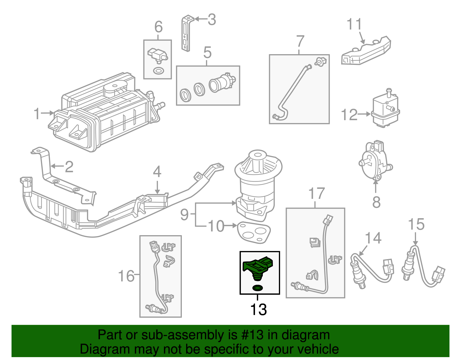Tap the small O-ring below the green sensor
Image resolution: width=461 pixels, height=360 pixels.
[x=258, y=288]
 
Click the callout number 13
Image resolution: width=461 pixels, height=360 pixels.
[x=258, y=310]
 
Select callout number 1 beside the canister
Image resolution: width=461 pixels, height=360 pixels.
[x=37, y=113]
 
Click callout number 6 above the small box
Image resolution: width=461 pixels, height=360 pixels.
[x=158, y=27]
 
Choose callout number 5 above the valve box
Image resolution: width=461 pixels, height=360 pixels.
[x=207, y=52]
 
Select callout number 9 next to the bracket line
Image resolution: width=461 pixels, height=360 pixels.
[x=184, y=214]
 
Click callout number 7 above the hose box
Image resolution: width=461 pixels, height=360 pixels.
[x=300, y=41]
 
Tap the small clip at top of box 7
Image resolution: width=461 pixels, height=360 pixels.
[x=321, y=61]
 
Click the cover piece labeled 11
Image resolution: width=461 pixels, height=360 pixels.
[x=366, y=52]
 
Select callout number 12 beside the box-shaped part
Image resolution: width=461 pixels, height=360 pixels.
[x=349, y=115]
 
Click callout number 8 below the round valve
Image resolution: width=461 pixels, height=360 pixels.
[x=376, y=202]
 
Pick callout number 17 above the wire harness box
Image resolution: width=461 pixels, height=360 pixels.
[x=317, y=193]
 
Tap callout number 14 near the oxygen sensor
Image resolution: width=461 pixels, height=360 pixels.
[x=373, y=238]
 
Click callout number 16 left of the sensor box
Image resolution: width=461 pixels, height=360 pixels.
[x=126, y=276]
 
